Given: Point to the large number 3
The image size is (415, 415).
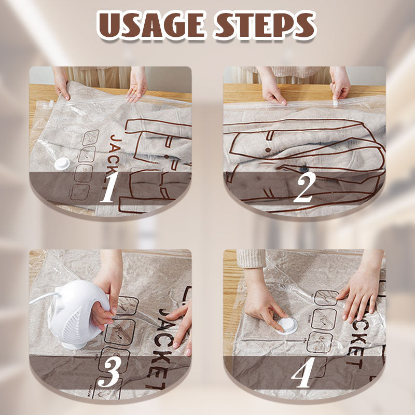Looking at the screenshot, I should point(109,373).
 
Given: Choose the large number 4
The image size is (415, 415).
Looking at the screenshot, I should point(304,373).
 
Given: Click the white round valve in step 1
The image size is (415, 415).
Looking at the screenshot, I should point(62,163).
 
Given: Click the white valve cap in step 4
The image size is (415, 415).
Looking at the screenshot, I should point(287,325).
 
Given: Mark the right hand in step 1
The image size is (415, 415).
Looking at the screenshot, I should point(137,86).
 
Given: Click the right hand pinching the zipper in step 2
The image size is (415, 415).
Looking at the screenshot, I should point(340,86).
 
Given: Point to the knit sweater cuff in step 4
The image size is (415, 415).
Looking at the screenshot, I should point(251,258).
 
